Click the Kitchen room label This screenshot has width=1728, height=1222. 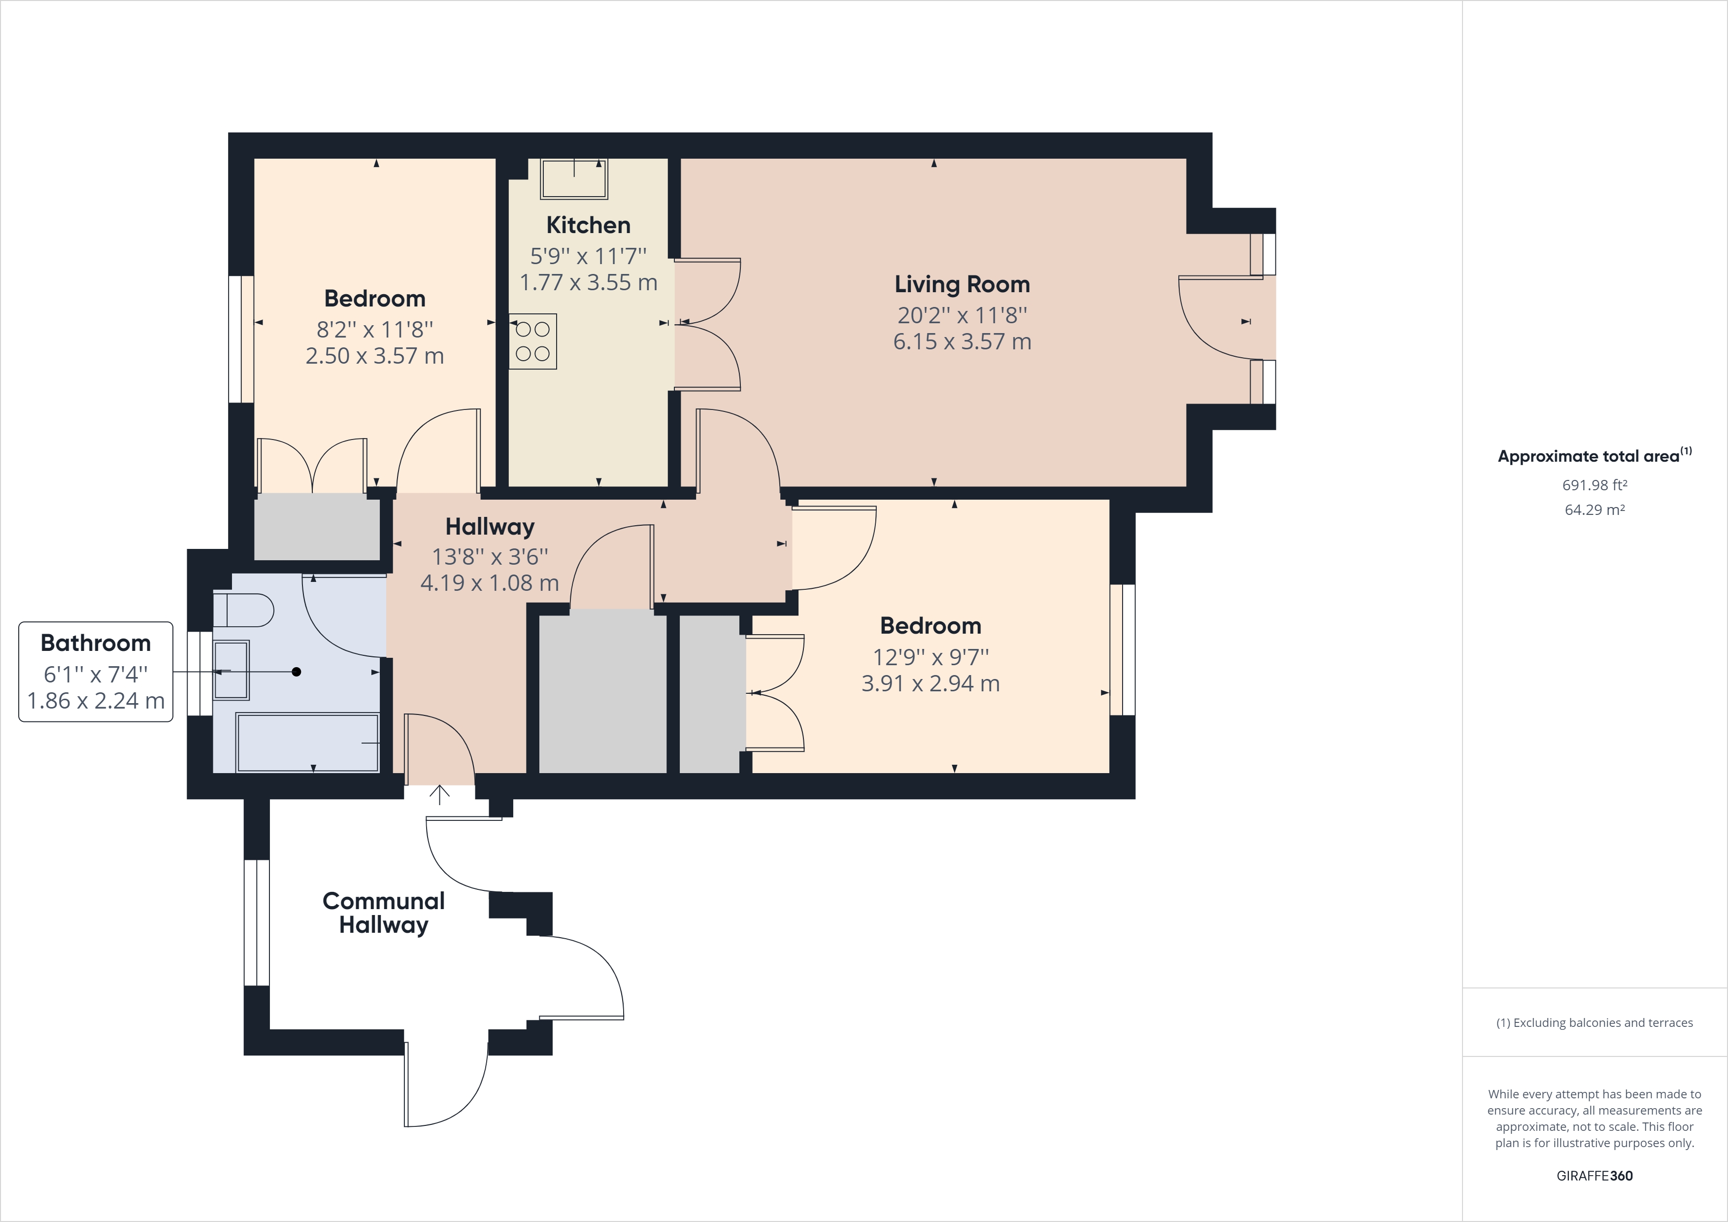click(x=588, y=225)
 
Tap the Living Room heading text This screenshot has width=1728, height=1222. click(x=962, y=285)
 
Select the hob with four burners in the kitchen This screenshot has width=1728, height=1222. click(x=533, y=341)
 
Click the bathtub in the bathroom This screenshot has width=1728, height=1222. click(x=307, y=743)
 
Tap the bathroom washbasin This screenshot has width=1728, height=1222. click(x=232, y=670)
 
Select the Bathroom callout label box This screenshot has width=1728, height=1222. click(x=96, y=672)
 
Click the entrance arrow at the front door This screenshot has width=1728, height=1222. click(x=439, y=794)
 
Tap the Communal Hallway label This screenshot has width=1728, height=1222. click(x=383, y=913)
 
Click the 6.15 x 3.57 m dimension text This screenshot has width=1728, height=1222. click(x=962, y=342)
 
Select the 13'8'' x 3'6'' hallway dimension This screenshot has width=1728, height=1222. click(x=489, y=556)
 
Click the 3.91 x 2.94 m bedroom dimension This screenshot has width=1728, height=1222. click(x=930, y=683)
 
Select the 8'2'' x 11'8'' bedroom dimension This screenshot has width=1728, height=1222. click(x=375, y=329)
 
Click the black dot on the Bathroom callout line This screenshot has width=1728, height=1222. click(x=297, y=672)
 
